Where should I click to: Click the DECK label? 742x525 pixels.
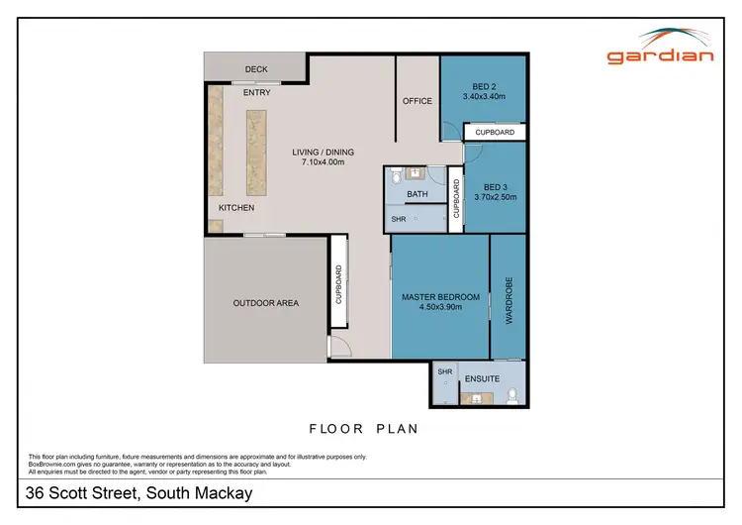(256, 69)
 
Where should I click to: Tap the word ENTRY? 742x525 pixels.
(256, 93)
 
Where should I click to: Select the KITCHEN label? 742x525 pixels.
(236, 208)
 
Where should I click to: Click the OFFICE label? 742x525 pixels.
(417, 101)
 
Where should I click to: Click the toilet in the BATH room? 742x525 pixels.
(395, 176)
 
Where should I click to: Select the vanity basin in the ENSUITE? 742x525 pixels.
(476, 399)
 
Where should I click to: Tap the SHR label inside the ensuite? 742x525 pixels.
(444, 371)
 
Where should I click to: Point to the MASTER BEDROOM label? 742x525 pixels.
(440, 297)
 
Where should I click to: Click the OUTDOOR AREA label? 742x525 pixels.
(265, 303)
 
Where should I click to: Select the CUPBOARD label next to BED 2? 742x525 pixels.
(494, 132)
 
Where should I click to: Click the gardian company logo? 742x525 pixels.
(660, 47)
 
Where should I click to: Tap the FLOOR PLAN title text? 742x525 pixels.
(364, 429)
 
